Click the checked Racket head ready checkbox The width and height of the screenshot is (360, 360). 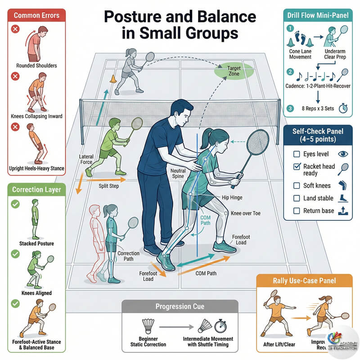click(x=297, y=167)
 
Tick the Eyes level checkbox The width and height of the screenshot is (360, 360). click(x=297, y=154)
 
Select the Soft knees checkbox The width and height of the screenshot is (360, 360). click(x=297, y=185)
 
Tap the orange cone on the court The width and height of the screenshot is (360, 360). click(x=113, y=79)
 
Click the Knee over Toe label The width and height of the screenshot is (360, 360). click(x=245, y=213)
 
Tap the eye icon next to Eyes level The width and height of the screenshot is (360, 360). click(x=343, y=153)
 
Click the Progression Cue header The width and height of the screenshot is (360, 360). click(x=180, y=306)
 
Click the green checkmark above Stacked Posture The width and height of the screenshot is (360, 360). click(x=15, y=204)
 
